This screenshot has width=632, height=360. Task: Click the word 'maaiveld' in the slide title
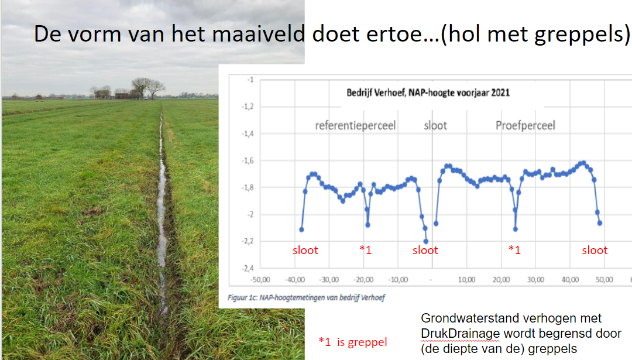tap(259, 33)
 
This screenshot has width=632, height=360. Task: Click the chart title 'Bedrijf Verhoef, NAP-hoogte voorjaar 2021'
tap(428, 92)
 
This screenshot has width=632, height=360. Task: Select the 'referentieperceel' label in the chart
tap(355, 126)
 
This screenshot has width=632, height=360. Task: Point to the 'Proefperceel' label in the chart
tap(525, 126)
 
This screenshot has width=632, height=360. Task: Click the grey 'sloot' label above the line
tap(435, 126)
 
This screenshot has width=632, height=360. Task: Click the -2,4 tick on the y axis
tap(248, 268)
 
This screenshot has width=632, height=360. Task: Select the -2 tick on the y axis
tap(250, 214)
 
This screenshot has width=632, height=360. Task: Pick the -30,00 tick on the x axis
tap(329, 279)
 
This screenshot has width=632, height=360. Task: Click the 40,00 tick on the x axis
tap(570, 279)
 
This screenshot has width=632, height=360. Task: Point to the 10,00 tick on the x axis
tap(467, 279)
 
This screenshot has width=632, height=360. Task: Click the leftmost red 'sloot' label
tap(305, 251)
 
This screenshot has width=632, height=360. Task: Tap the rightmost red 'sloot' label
tap(595, 251)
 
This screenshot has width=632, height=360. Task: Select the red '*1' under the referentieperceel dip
tap(365, 250)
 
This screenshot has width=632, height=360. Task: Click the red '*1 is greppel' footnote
tap(353, 342)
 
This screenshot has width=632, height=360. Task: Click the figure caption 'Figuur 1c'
tap(242, 297)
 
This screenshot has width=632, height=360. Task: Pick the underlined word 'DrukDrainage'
tap(461, 334)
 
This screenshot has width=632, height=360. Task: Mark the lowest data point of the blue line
tap(426, 242)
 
